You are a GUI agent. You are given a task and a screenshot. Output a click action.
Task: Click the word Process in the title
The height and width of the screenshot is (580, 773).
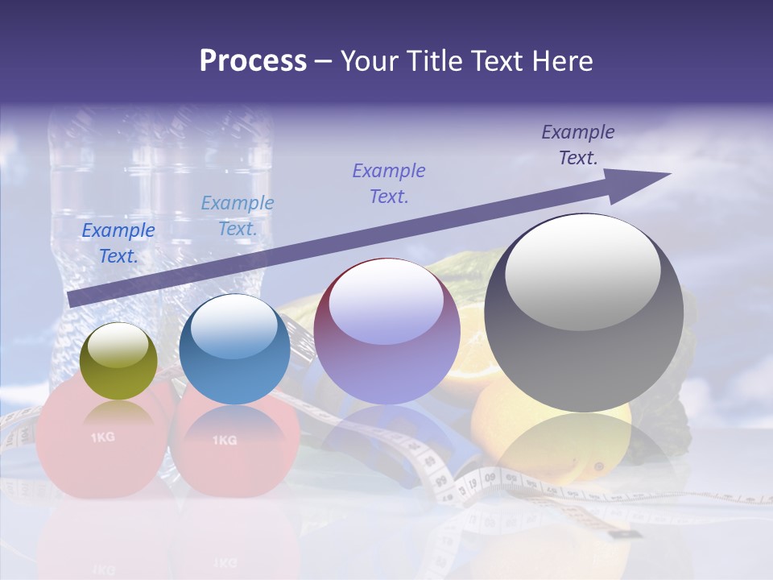point(253,61)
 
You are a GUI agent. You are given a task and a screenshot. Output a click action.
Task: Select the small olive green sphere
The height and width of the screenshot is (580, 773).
point(119,362)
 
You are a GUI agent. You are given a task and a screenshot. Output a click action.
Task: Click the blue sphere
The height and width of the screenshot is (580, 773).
point(234,350)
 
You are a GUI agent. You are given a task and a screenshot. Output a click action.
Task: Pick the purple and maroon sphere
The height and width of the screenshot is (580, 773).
point(386,332)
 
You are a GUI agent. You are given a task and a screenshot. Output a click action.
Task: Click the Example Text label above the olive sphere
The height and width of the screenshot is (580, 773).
point(118,243)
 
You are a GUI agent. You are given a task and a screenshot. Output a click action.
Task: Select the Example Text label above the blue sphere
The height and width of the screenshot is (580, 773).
point(238,216)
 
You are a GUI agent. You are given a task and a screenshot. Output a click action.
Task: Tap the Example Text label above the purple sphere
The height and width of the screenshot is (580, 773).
point(389,184)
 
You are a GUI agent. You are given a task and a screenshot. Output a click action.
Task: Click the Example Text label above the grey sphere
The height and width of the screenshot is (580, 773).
point(578,145)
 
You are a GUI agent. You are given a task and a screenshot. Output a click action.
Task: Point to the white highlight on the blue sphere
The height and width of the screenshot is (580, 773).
point(234,325)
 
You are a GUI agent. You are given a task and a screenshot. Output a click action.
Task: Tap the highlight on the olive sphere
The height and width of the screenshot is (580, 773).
point(118,344)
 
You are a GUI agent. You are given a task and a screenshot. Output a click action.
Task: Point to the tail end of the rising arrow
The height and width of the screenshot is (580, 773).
point(72,299)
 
